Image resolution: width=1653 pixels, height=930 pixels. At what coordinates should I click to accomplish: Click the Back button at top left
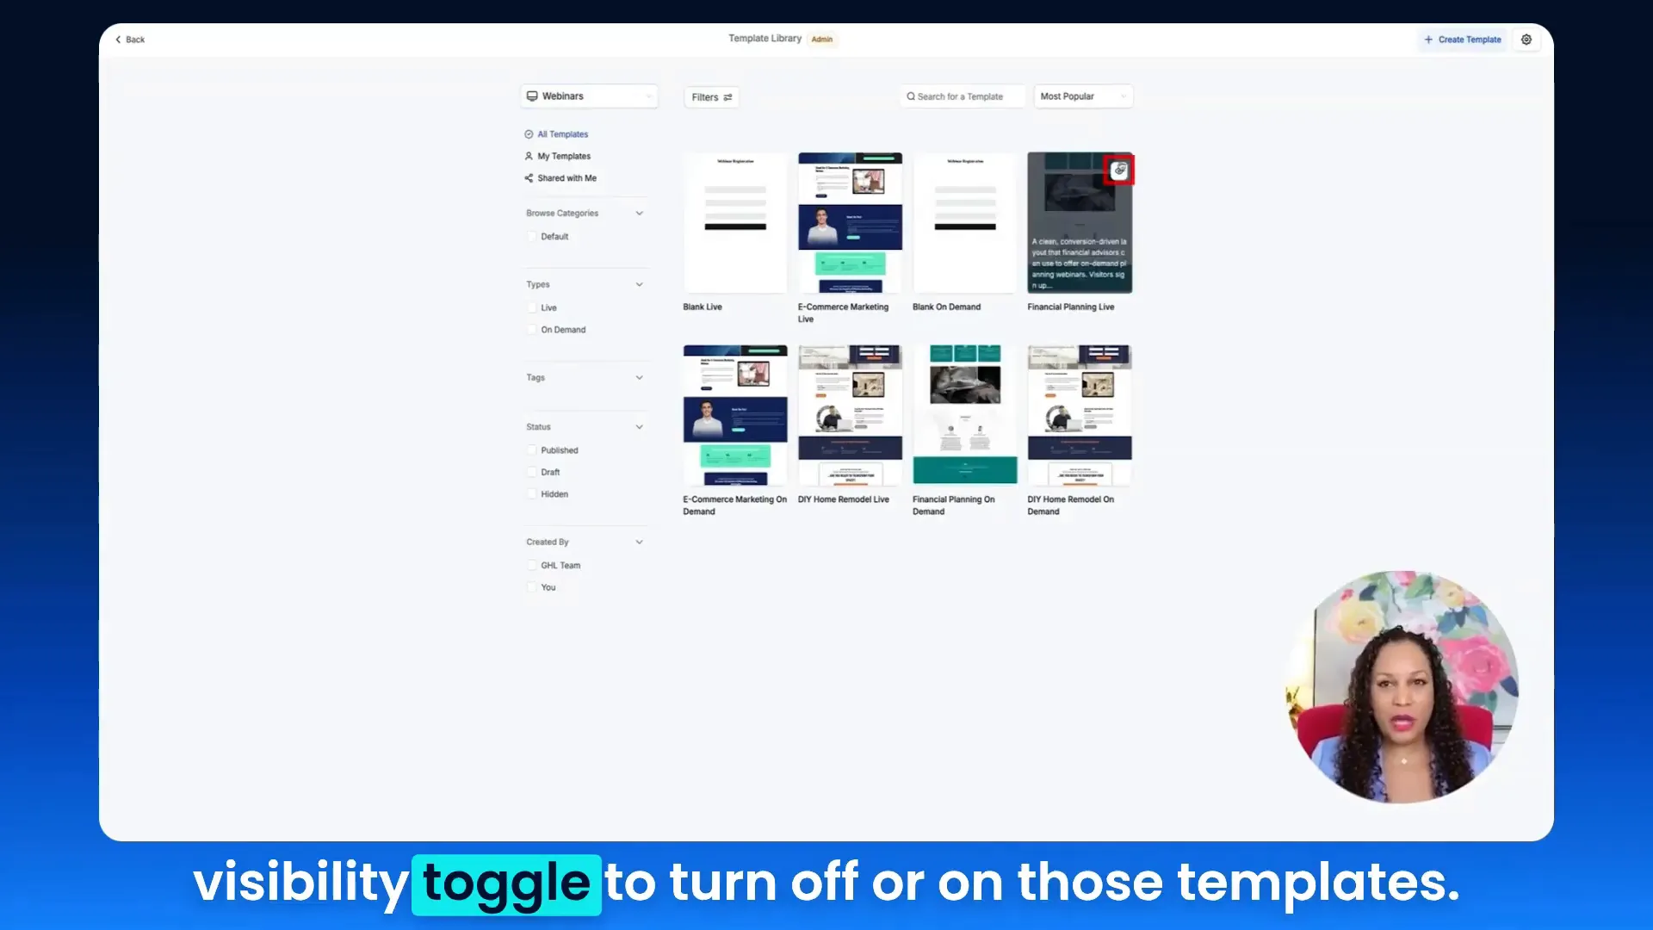(130, 40)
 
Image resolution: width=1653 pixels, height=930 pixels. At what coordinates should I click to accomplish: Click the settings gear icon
(1526, 40)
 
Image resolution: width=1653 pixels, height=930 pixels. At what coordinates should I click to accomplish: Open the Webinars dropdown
(589, 96)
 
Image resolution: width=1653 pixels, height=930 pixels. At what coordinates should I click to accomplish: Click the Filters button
(711, 97)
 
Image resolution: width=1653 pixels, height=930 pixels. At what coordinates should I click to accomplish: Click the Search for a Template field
(963, 96)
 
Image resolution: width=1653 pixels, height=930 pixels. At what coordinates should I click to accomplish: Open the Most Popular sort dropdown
(1082, 96)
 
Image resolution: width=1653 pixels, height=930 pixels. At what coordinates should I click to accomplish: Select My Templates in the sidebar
(563, 157)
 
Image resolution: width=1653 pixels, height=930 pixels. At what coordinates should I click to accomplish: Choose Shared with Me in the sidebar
(566, 178)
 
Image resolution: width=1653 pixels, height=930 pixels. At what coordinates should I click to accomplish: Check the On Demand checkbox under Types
(532, 330)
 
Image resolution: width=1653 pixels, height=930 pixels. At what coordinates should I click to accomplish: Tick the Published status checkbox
(532, 450)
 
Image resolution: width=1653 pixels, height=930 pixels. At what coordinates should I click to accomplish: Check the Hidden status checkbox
(532, 494)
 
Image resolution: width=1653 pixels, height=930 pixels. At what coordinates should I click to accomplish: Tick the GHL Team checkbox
(532, 566)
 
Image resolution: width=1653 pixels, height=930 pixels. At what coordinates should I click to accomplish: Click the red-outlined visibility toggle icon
(1119, 170)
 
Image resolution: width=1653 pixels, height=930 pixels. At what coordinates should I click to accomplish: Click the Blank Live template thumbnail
(734, 223)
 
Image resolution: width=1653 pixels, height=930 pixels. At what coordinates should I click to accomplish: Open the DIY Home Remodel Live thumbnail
(850, 415)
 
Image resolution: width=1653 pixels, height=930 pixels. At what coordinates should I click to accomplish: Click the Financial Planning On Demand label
(953, 505)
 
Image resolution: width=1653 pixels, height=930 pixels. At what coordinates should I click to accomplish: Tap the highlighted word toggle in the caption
(506, 884)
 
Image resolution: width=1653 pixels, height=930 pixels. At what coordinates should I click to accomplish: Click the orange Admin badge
(822, 40)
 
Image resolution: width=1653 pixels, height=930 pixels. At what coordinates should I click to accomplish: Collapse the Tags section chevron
(639, 378)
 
